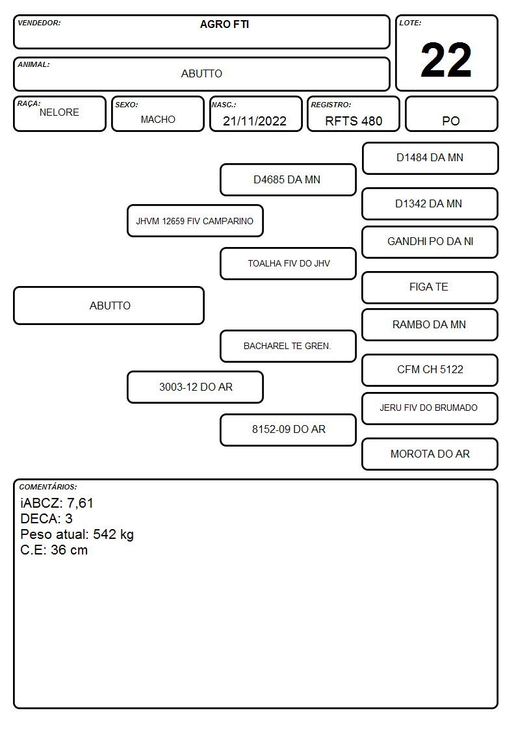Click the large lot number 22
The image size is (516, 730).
[x=446, y=60]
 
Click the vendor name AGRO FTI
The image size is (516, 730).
[x=224, y=24]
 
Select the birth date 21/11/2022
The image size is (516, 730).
[x=255, y=121]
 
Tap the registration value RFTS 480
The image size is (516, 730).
[x=354, y=121]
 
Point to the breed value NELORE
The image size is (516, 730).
[x=59, y=112]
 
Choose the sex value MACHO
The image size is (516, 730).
[x=158, y=120]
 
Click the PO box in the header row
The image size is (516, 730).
[x=451, y=114]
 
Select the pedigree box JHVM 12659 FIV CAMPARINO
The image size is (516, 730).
[x=195, y=220]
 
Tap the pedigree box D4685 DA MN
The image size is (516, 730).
[x=288, y=179]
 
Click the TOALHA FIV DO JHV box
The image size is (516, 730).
[x=288, y=263]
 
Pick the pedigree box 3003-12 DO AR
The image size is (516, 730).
[x=195, y=387]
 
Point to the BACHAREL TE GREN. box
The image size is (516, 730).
[x=288, y=346]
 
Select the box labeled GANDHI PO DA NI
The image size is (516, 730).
[x=430, y=242]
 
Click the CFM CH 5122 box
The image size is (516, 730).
[x=430, y=370]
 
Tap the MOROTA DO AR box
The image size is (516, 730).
[x=430, y=454]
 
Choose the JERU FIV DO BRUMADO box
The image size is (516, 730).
[x=430, y=408]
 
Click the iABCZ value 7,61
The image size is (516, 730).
[x=80, y=503]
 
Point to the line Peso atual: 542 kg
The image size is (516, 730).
[x=77, y=534]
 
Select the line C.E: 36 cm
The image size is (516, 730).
[x=54, y=550]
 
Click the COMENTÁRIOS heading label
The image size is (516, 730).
[x=48, y=487]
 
